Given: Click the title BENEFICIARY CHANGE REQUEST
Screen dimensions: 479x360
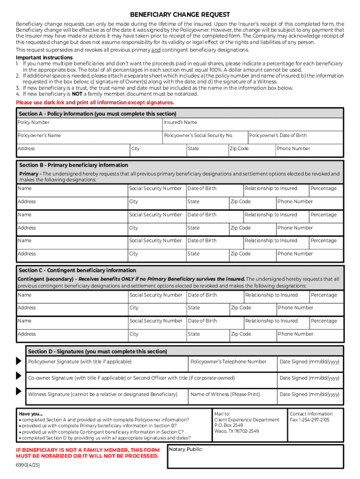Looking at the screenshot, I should coord(180,15).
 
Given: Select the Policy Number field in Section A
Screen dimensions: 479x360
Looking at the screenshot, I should coord(89,124).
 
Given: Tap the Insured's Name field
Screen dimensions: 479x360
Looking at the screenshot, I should coord(252,124).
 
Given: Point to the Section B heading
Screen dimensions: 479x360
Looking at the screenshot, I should coord(73,165).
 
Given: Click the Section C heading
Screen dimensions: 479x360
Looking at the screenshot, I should coord(77,270).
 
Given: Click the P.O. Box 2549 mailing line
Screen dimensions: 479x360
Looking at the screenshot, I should coord(229,426).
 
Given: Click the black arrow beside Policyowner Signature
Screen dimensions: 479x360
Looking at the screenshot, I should coord(19,361).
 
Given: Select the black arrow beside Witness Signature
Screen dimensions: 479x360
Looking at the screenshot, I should coord(19,392).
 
